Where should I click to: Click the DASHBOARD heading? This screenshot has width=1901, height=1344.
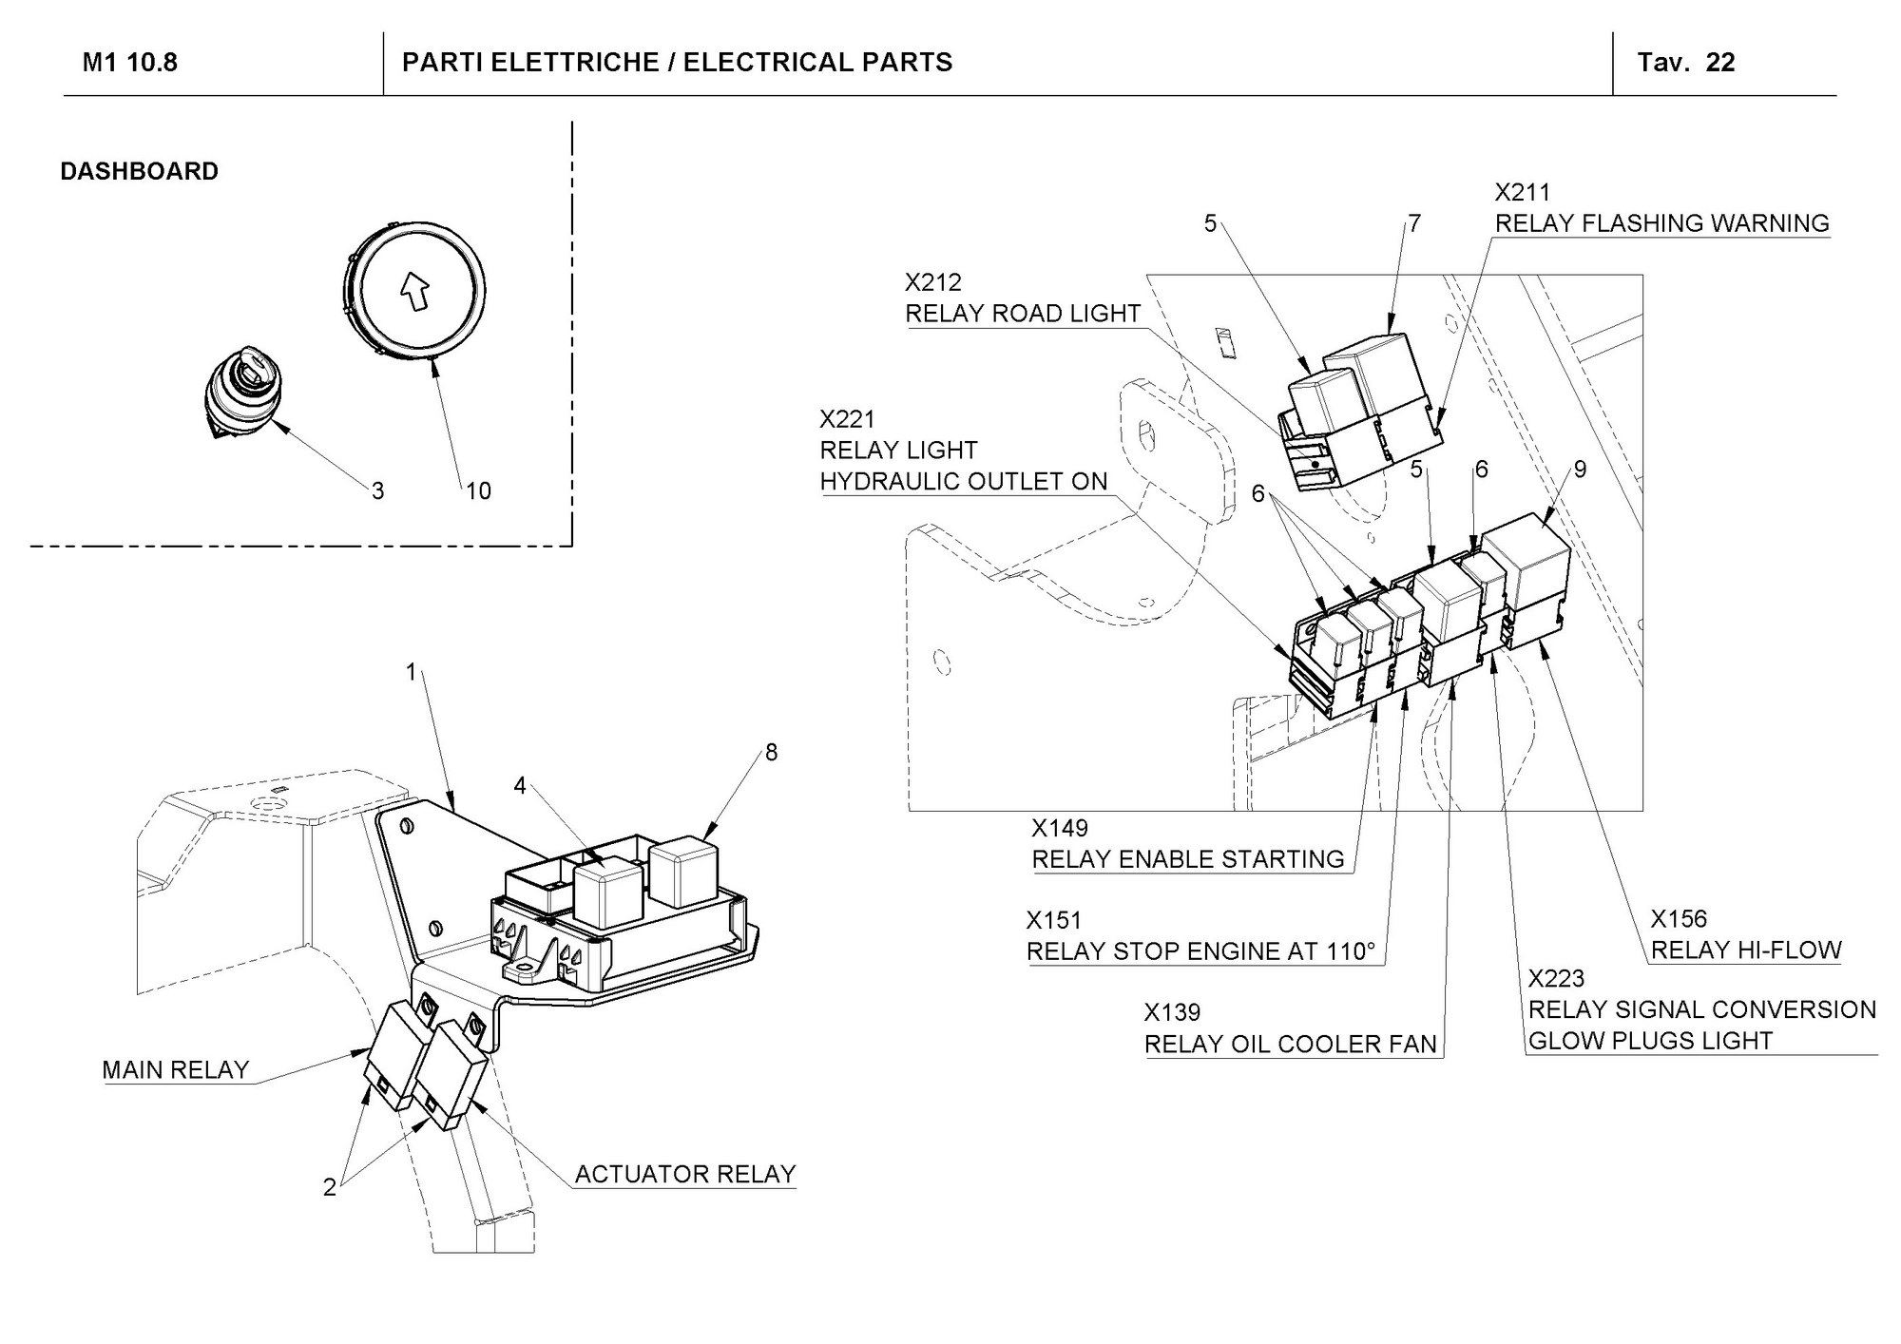coord(139,171)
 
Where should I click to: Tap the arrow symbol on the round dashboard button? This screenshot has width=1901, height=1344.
coord(414,292)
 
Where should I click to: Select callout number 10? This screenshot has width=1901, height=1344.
coord(478,490)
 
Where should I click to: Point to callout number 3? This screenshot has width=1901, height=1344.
coord(377,490)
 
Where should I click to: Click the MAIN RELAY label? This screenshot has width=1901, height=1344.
coord(175,1069)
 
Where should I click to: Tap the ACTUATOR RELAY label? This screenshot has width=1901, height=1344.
coord(684,1174)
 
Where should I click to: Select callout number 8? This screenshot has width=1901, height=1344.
coord(771,752)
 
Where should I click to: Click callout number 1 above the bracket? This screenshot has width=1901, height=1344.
coord(412,672)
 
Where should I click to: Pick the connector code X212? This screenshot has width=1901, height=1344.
coord(932,282)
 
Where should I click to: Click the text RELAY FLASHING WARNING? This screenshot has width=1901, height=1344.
coord(1661,223)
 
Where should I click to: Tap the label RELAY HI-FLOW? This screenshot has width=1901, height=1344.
coord(1745,950)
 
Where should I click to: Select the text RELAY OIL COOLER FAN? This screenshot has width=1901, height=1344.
coord(1290,1044)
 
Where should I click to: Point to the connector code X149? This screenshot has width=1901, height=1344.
coord(1060,828)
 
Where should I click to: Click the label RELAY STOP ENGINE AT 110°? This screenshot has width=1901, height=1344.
coord(1200,951)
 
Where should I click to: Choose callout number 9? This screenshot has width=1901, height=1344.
coord(1580,470)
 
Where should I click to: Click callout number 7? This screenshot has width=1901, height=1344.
coord(1414,223)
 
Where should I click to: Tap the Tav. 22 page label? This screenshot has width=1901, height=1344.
coord(1685,63)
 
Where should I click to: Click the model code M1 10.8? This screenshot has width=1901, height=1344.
coord(130,63)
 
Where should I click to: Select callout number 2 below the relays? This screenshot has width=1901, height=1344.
coord(329,1187)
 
